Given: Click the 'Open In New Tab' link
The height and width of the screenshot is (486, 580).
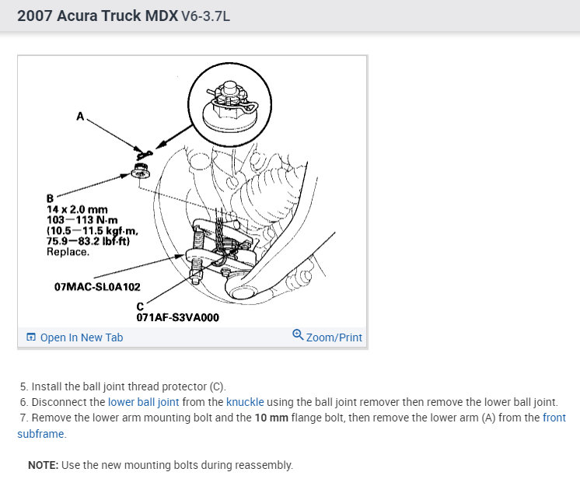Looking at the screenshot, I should [x=81, y=337].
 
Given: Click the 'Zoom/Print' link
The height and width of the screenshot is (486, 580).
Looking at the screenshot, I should [x=334, y=337].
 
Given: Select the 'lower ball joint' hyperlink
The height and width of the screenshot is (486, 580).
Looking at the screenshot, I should [x=144, y=402].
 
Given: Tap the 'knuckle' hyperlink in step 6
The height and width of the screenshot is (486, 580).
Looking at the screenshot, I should [x=246, y=402].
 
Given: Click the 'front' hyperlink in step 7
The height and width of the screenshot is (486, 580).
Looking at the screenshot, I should [x=554, y=418].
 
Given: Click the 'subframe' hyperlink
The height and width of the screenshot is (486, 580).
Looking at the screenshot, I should [x=41, y=434].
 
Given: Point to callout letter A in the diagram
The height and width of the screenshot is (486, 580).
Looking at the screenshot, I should [x=79, y=116].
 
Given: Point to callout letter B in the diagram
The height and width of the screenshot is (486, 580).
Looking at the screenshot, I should [x=51, y=198].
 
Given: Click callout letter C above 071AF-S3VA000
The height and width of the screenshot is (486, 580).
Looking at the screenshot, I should [x=141, y=307].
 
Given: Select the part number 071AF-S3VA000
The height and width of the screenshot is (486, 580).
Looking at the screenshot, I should [x=177, y=317].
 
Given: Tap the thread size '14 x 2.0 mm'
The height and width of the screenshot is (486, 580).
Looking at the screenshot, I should [x=76, y=209].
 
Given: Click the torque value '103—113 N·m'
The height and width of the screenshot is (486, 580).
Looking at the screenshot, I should [x=82, y=220].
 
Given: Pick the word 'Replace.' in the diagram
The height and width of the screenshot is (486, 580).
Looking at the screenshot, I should [x=68, y=252].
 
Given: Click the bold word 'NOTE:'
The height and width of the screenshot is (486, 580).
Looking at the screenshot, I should [x=42, y=465].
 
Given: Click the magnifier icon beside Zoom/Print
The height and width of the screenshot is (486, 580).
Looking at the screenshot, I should [x=297, y=335].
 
